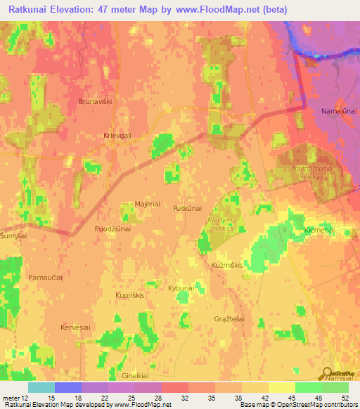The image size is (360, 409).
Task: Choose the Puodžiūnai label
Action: [112, 229]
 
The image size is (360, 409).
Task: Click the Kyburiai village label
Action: [181, 288]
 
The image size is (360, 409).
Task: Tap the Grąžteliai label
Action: [229, 318]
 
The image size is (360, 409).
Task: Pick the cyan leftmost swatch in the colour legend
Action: [41, 387]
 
